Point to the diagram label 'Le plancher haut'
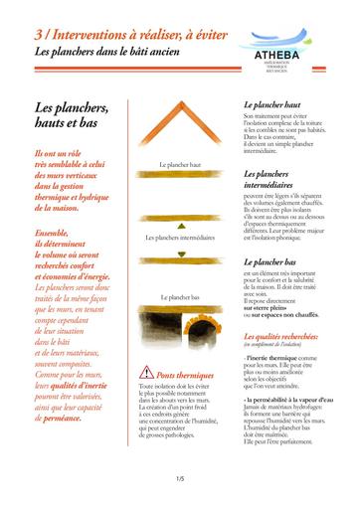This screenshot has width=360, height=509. coord(180,165)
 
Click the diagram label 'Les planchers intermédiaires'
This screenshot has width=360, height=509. coord(180,239)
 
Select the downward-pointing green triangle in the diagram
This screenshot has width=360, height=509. coord(180,254)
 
